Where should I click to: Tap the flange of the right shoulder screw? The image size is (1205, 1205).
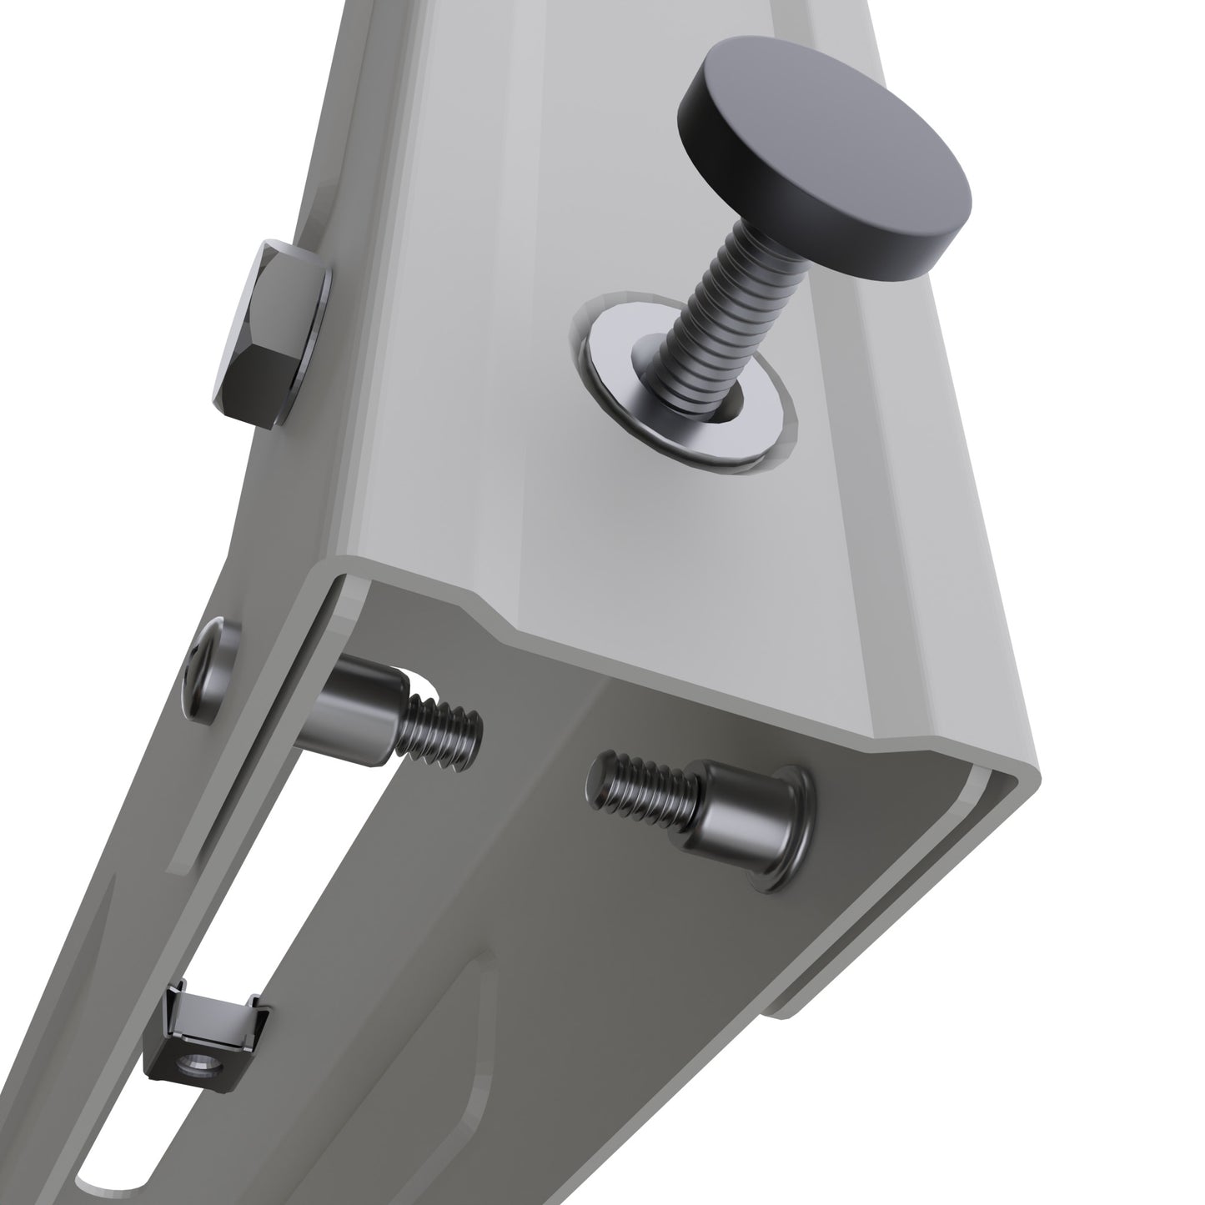(796, 830)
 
